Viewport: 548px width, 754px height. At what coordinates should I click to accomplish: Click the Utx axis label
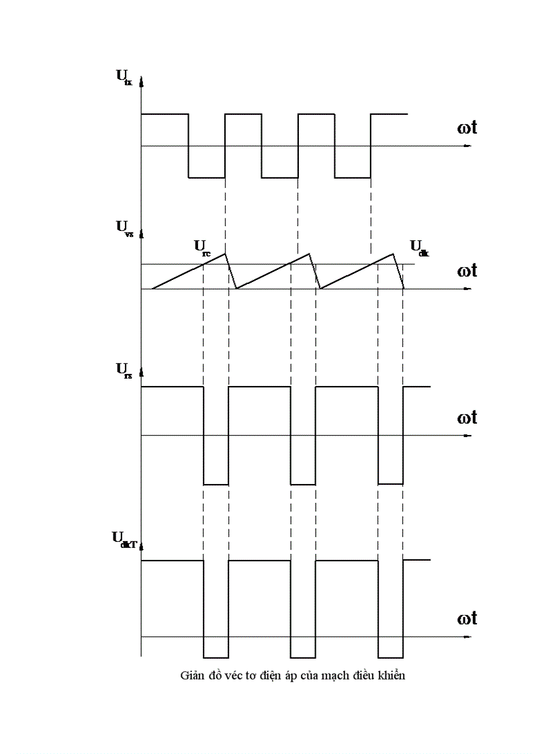(124, 76)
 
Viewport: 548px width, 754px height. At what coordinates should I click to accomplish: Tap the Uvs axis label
(124, 226)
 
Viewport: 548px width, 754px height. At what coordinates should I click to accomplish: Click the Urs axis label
(123, 369)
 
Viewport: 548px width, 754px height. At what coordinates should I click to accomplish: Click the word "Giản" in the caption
(192, 675)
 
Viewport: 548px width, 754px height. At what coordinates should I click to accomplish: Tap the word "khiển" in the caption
(390, 675)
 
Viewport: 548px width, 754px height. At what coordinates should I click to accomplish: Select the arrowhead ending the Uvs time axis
(468, 289)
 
